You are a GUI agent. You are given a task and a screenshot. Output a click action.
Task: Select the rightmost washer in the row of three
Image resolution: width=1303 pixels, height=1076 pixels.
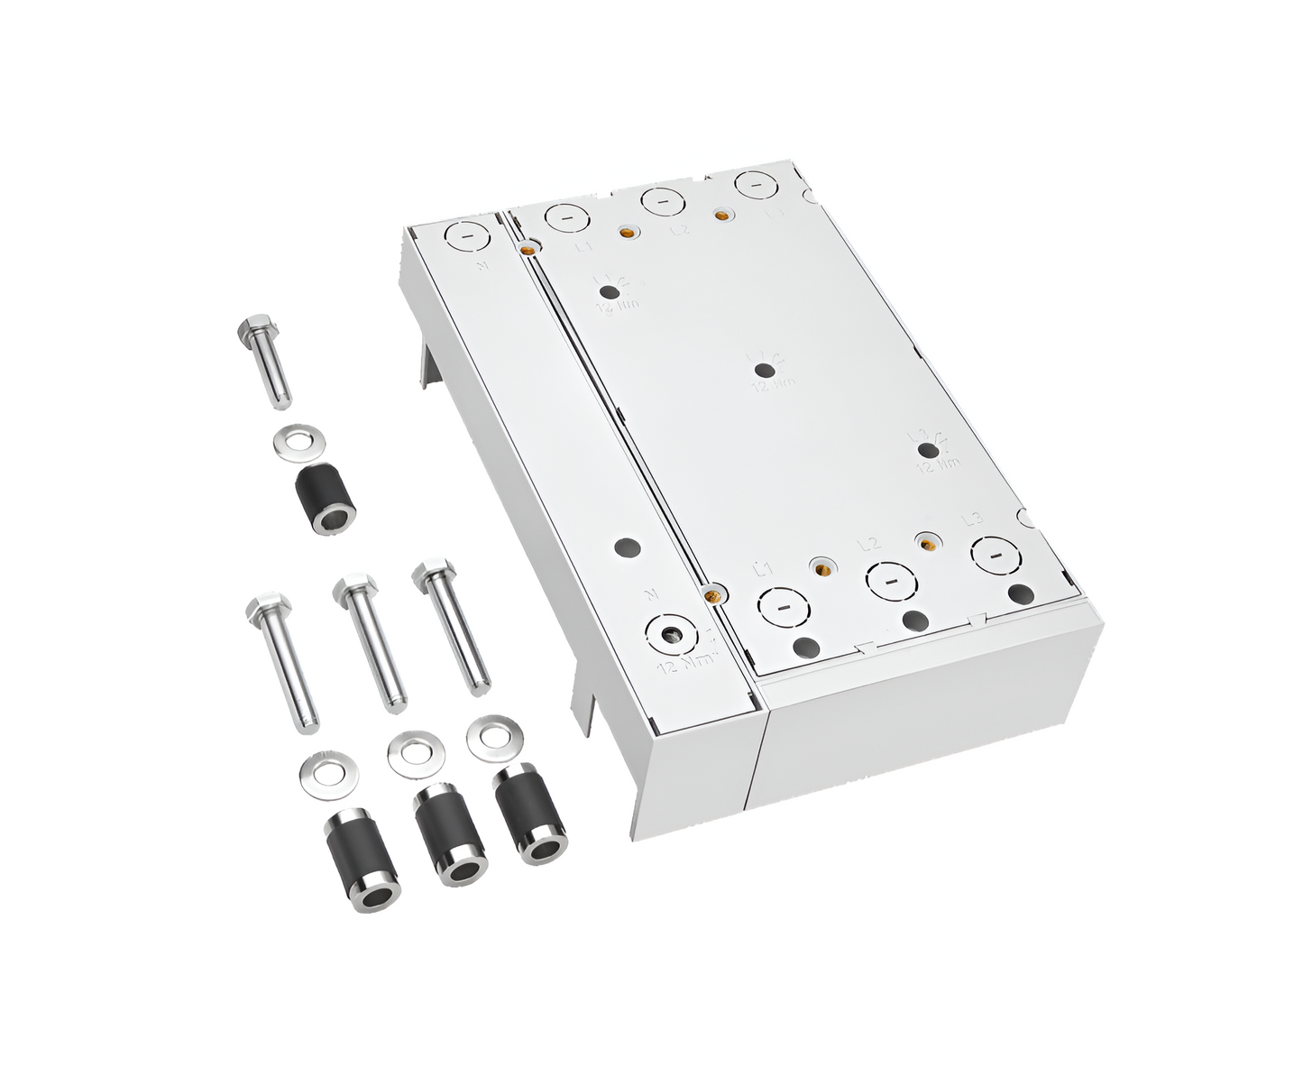[x=495, y=732]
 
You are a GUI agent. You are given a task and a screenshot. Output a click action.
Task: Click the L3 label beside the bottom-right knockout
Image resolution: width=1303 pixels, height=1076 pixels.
[x=971, y=520]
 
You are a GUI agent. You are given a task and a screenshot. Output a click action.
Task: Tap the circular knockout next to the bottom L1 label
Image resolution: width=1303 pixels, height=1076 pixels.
[x=781, y=609]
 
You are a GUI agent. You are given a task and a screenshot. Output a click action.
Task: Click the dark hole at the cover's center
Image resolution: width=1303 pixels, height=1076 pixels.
[x=764, y=368]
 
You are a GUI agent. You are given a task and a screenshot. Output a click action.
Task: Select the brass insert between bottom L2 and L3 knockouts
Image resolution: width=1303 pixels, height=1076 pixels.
[x=926, y=542]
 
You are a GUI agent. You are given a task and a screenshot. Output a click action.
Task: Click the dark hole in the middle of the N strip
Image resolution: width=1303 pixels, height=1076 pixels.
[x=624, y=547]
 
